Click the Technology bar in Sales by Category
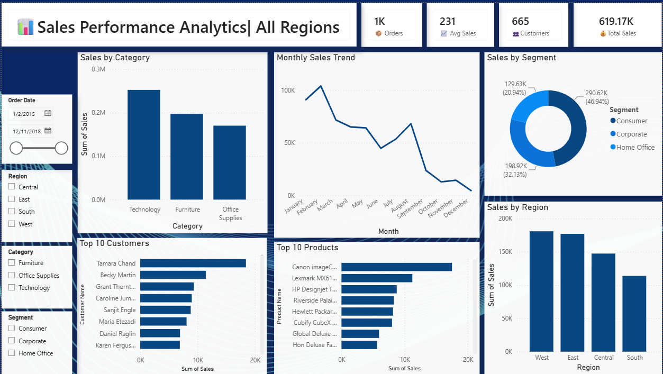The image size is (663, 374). (144, 145)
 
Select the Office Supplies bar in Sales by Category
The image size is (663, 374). (230, 162)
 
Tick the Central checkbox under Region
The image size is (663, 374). (12, 186)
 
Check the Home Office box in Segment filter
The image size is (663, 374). (12, 353)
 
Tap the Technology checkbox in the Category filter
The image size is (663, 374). (12, 287)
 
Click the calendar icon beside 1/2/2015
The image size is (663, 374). (48, 113)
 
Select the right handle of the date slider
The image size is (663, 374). (61, 148)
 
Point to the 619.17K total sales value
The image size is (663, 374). (616, 21)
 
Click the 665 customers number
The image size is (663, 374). (520, 21)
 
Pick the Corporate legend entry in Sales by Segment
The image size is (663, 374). (629, 134)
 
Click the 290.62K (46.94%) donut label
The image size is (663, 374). (597, 97)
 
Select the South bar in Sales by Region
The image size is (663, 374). (634, 314)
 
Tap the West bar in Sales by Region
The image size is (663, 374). (541, 291)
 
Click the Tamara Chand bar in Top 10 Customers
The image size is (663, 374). (193, 263)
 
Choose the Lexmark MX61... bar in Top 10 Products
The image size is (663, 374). (377, 278)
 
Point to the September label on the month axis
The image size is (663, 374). (410, 208)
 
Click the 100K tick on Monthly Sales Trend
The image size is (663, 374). (288, 90)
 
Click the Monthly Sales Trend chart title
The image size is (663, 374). (316, 58)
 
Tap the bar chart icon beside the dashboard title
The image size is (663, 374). (25, 27)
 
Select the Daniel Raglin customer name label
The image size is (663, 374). (117, 333)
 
